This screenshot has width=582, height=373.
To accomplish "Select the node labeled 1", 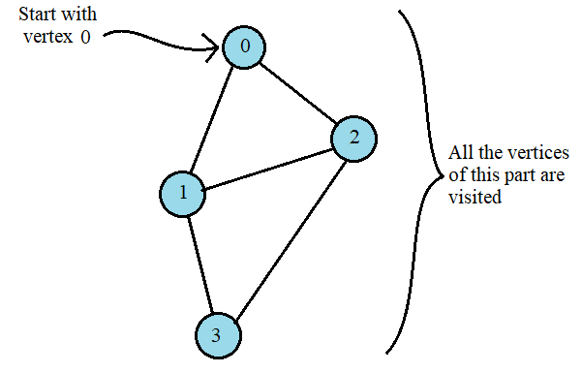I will coord(183,194).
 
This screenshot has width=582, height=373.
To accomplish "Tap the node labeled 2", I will coord(354,138).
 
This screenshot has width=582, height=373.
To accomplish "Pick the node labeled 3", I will coord(216,334).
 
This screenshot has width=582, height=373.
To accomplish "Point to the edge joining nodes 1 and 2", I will coord(268,166).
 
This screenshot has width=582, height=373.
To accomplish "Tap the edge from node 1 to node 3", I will coord(199,264).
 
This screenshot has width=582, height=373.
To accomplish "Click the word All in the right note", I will coord(461,154).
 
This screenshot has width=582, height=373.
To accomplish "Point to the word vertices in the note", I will coord(537,154).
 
